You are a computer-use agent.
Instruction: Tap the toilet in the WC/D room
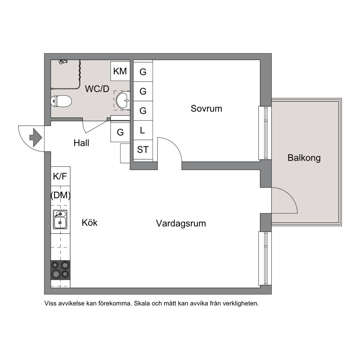click(x=61, y=101)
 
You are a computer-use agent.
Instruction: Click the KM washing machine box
click(x=120, y=71)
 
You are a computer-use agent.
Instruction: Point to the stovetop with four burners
click(x=60, y=270)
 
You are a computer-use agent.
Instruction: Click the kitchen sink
click(x=60, y=219)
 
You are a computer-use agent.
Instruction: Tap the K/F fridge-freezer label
click(x=60, y=176)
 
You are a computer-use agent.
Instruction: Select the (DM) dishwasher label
click(x=60, y=195)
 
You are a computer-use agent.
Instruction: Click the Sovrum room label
click(x=206, y=109)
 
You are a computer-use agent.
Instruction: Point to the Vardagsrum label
click(x=181, y=223)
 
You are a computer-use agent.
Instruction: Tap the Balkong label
click(x=304, y=158)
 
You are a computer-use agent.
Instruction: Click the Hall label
click(x=81, y=143)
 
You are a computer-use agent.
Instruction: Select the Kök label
click(x=90, y=222)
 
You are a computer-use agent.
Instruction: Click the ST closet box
click(x=143, y=149)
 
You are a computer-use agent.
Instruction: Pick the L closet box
click(x=143, y=130)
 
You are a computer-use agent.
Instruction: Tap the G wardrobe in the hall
click(x=120, y=132)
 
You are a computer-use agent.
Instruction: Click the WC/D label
click(x=97, y=89)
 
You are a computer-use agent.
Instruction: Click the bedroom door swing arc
click(x=175, y=145)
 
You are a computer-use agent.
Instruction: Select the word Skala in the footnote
click(x=142, y=303)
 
